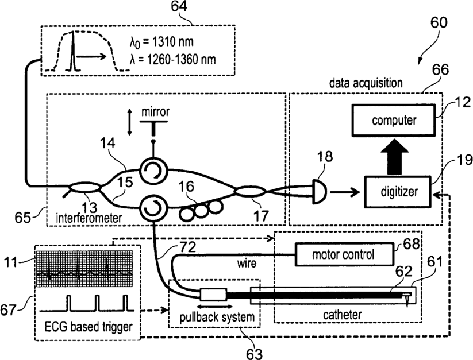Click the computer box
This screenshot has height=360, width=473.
point(393,120)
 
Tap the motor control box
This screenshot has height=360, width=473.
point(344,254)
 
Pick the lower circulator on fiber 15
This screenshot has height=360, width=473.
point(154,208)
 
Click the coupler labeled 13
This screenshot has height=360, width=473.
point(85,188)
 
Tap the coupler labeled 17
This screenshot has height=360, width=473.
point(250,191)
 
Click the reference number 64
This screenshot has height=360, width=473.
point(179,6)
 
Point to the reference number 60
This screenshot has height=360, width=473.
point(439,22)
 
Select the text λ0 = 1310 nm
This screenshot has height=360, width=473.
point(161,42)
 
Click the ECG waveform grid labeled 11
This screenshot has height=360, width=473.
point(84,269)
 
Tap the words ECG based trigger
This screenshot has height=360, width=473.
point(89,327)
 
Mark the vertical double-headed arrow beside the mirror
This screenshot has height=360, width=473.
point(130,122)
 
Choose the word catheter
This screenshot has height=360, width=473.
point(343,315)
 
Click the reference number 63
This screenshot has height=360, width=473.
point(254,354)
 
